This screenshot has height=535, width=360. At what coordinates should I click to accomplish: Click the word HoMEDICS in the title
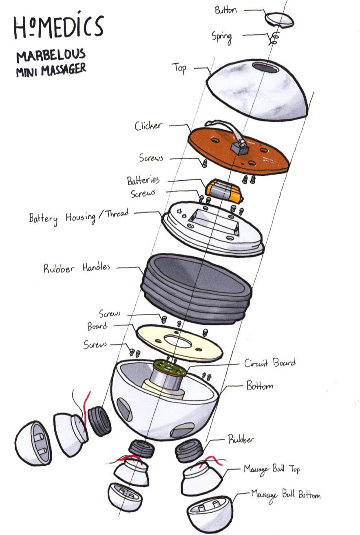(58, 26)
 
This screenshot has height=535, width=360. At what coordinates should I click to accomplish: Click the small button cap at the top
(279, 20)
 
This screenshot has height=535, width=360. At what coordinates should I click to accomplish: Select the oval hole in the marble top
(266, 67)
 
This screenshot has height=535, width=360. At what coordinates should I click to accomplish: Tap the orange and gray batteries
(225, 191)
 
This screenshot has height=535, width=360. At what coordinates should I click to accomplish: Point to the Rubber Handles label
(77, 268)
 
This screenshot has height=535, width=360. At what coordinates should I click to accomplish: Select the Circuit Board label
(270, 363)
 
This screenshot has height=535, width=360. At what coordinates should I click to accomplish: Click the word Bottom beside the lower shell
(259, 386)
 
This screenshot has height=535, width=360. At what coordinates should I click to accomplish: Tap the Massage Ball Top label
(272, 469)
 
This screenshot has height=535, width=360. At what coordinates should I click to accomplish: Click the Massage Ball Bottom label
(285, 495)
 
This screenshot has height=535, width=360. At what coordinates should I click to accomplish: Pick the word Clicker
(148, 126)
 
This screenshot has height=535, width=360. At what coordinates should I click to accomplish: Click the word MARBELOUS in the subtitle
(51, 54)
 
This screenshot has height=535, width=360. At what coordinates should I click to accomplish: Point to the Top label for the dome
(179, 67)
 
